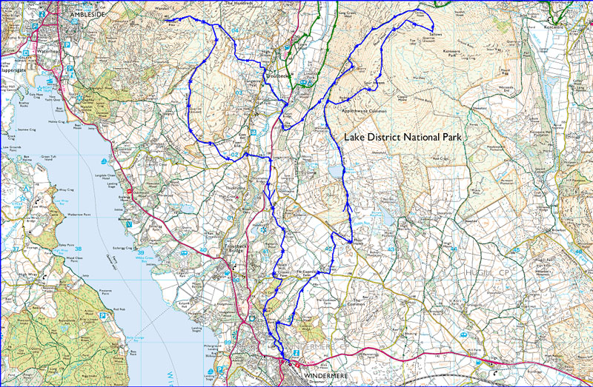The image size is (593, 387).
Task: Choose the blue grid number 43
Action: pyautogui.click(x=391, y=249)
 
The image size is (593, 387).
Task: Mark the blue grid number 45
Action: pyautogui.click(x=516, y=250)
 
